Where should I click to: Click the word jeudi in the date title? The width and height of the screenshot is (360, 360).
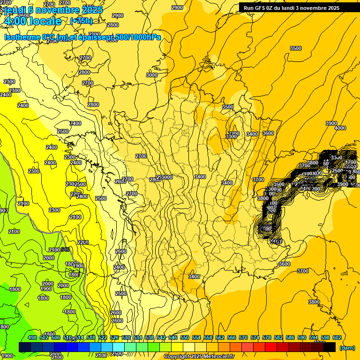pyautogui.click(x=14, y=9)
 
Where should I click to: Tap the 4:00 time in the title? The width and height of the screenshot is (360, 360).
pyautogui.click(x=14, y=21)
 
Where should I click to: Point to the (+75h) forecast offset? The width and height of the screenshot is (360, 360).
pyautogui.click(x=81, y=21)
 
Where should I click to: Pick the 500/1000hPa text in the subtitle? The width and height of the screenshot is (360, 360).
pyautogui.click(x=140, y=37)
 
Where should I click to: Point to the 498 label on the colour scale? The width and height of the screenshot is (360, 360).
pyautogui.click(x=32, y=338)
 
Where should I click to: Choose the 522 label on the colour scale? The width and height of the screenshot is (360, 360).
pyautogui.click(x=103, y=338)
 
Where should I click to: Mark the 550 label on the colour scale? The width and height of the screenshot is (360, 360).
pyautogui.click(x=185, y=338)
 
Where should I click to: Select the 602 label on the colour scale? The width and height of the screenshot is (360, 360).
pyautogui.click(x=337, y=338)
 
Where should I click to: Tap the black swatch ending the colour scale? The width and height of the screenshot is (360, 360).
pyautogui.click(x=330, y=347)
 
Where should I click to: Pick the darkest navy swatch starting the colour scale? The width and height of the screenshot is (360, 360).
pyautogui.click(x=25, y=347)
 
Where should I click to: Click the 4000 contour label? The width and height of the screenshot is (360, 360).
pyautogui.click(x=340, y=128)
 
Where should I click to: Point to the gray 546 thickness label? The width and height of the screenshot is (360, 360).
pyautogui.click(x=65, y=249)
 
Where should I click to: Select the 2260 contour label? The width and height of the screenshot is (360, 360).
pyautogui.click(x=83, y=242)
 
